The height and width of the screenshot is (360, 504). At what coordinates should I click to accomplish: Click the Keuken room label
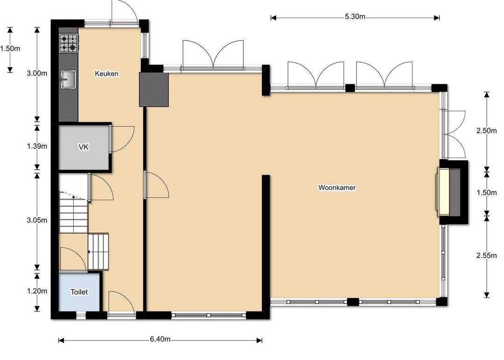[x=106, y=74]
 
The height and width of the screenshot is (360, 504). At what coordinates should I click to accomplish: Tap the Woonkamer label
[x=337, y=187]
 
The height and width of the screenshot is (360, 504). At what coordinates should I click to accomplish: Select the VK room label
[x=84, y=147]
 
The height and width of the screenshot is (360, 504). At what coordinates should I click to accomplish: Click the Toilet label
[x=79, y=292]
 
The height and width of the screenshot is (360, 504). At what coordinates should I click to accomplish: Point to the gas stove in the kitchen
[x=69, y=43]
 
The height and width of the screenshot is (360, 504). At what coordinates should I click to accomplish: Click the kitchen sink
[x=68, y=79]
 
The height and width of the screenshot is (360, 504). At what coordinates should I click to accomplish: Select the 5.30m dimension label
[x=355, y=17]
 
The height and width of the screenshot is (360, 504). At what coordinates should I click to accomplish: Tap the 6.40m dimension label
[x=160, y=339]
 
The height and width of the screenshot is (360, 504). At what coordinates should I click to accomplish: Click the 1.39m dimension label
[x=37, y=146]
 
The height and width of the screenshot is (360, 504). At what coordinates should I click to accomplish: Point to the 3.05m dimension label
[x=37, y=220]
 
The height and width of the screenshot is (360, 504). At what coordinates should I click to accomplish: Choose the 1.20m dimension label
[x=37, y=291]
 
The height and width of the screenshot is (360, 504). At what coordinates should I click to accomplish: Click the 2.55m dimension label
[x=486, y=255]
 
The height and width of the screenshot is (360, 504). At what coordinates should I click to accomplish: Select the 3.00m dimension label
[x=37, y=73]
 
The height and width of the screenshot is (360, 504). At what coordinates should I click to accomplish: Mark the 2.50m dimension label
[x=486, y=131]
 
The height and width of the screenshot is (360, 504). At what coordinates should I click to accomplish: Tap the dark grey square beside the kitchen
[x=154, y=90]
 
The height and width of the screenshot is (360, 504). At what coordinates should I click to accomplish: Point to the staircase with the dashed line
[x=74, y=212]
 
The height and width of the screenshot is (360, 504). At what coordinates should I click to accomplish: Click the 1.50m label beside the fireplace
[x=486, y=193]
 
